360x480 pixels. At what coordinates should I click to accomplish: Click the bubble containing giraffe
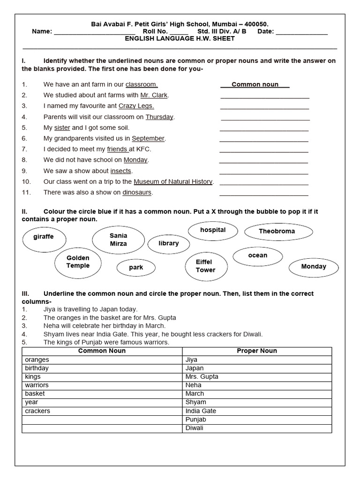pos(44,237)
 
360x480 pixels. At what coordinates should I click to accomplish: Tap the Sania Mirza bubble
pos(118,240)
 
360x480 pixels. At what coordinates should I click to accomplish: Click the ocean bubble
pos(257,256)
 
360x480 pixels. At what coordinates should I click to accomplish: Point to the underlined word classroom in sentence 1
pos(141,85)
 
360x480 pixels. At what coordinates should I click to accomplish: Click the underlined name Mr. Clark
pos(154,96)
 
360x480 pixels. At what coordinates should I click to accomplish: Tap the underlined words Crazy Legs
pos(136,106)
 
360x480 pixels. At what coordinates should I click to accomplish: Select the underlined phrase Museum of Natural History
pos(173,182)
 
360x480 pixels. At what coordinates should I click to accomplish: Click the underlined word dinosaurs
pos(137,193)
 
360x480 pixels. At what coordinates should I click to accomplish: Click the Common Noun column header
pos(102,351)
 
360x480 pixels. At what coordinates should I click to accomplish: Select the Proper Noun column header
pos(256,351)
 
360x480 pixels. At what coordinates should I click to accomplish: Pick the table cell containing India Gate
pos(256,411)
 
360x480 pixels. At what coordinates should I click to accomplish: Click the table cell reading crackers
pos(102,411)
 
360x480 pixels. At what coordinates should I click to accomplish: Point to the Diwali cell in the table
pos(256,428)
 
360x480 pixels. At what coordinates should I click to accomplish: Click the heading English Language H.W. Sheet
pos(180,39)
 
